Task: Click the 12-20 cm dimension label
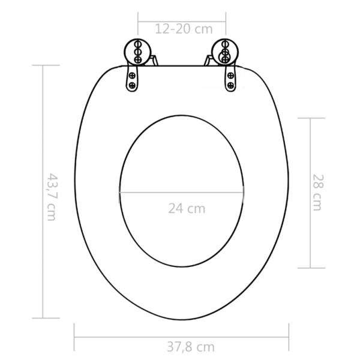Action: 182,28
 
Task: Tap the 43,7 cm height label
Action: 52,197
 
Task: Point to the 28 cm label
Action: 317,193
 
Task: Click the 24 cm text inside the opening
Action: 186,209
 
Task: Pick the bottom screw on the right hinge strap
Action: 230,86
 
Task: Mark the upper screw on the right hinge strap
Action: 229,75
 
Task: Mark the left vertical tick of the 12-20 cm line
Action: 139,28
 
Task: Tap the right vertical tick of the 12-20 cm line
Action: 225,28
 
